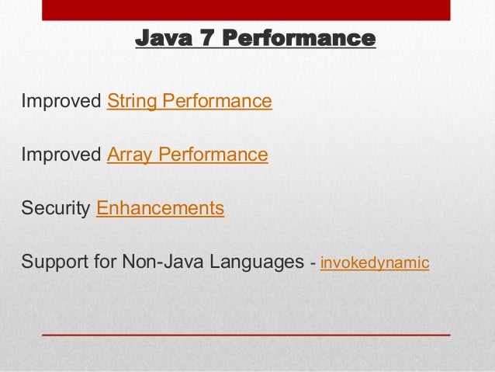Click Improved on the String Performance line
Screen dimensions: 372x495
(61, 102)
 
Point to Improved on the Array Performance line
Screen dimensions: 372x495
(61, 155)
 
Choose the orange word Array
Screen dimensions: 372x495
(130, 155)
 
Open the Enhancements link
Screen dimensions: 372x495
(160, 209)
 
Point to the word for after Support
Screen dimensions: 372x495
(102, 262)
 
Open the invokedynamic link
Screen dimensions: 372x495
(374, 263)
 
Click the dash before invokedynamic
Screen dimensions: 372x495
(313, 263)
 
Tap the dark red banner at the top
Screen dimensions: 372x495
(247, 10)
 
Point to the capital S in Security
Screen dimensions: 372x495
(27, 209)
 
